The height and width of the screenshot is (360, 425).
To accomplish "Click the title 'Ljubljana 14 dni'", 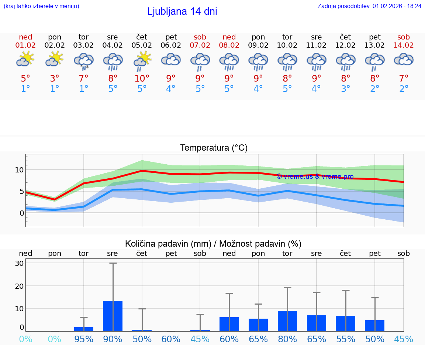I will [182, 11].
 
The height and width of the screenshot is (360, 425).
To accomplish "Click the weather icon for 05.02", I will [142, 61].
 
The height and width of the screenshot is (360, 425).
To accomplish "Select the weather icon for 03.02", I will [84, 61].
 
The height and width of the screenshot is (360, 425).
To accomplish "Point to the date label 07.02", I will [200, 45].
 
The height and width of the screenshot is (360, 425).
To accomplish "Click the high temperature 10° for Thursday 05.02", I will [142, 78].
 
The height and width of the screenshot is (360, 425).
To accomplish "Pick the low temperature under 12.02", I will [346, 89].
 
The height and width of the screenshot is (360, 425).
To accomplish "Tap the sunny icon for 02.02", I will [55, 59].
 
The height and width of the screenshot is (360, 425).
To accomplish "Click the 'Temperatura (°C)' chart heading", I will [214, 148].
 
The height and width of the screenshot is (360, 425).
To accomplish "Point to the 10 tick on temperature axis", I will [19, 170].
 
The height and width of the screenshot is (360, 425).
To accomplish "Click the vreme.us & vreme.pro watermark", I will [315, 176].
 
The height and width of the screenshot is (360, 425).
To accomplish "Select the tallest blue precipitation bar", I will [113, 316].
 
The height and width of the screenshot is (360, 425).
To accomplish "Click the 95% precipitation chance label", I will [84, 339].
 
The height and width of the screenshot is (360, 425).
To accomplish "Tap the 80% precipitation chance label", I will [287, 339].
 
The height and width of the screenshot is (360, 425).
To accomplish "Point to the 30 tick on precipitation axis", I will [19, 263].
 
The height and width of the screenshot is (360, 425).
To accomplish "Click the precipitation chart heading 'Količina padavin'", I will [213, 244].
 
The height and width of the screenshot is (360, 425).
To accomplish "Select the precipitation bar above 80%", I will [287, 321].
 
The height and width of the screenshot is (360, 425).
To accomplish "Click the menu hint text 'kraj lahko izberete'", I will [41, 6].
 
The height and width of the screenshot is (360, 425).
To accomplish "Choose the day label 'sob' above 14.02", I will [404, 37].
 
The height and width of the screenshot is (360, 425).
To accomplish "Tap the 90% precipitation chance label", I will [113, 339].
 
